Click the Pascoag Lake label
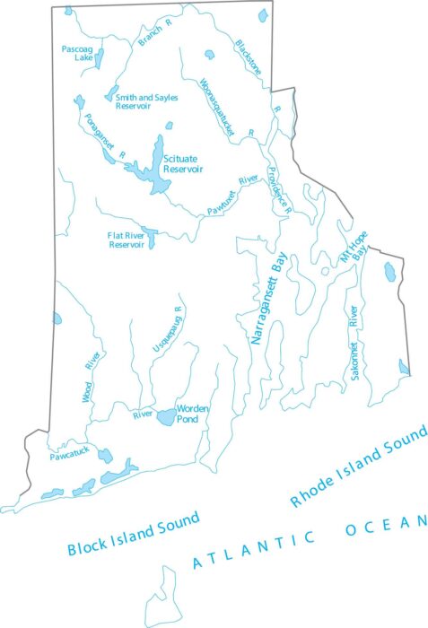77,52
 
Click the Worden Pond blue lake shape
167,417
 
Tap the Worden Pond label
193,413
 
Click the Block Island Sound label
133,534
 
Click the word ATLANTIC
255,549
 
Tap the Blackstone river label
254,58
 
